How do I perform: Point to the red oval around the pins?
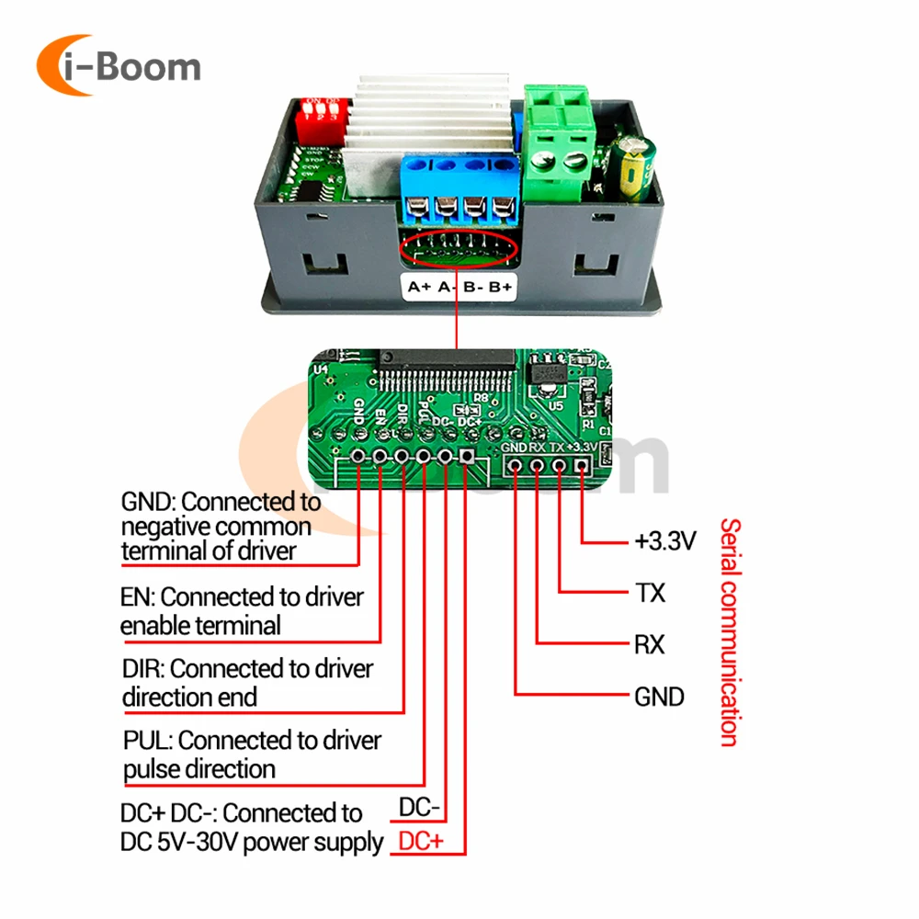click(459, 246)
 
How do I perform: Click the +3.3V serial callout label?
click(665, 540)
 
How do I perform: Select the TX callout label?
click(650, 593)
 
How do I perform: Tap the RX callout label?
click(650, 644)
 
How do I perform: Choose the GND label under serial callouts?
click(659, 697)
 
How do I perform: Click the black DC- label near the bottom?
click(420, 808)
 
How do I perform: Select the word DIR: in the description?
click(143, 668)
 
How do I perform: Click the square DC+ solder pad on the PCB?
click(467, 457)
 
